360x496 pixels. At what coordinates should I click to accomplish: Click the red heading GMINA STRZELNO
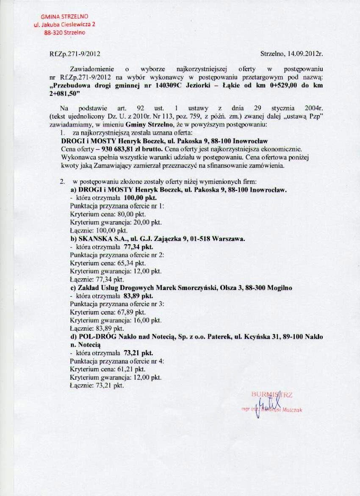(64, 17)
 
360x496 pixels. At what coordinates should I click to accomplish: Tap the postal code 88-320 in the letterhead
(53, 32)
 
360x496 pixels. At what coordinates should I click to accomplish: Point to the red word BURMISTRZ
(271, 394)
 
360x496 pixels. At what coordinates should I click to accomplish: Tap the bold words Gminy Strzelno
(146, 124)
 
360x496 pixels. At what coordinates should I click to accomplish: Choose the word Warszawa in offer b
(229, 239)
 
